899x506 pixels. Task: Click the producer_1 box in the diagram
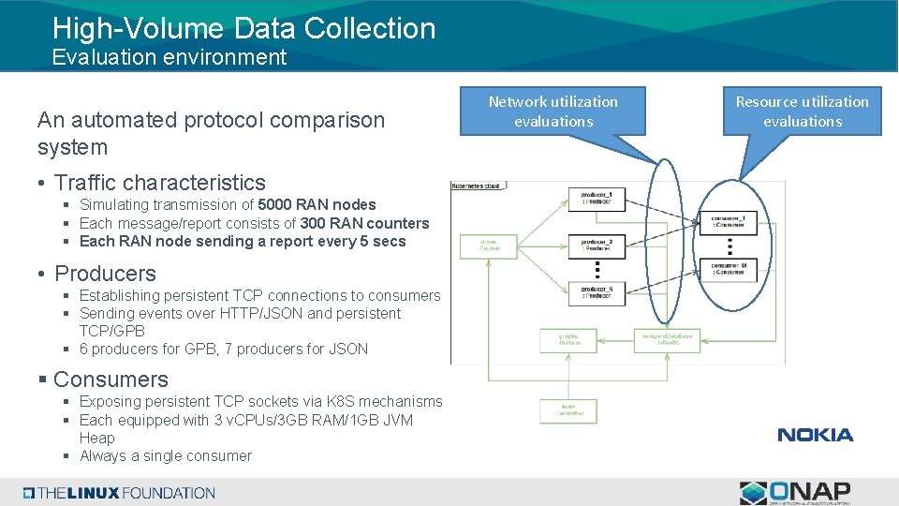pyautogui.click(x=597, y=199)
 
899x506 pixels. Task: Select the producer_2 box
pyautogui.click(x=597, y=246)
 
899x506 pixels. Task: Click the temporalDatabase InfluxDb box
pyautogui.click(x=667, y=339)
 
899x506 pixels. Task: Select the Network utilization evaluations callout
pyautogui.click(x=553, y=112)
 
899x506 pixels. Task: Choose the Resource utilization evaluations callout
pyautogui.click(x=802, y=112)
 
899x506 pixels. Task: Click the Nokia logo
pyautogui.click(x=815, y=435)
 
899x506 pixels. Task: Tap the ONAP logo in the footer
pyautogui.click(x=795, y=492)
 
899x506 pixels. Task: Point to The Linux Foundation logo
pyautogui.click(x=119, y=493)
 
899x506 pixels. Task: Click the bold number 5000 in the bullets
pyautogui.click(x=278, y=204)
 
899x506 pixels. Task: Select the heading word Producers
pyautogui.click(x=105, y=274)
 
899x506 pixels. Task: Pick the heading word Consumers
pyautogui.click(x=111, y=379)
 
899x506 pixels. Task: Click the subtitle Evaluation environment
pyautogui.click(x=169, y=57)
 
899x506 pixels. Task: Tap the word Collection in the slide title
pyautogui.click(x=372, y=28)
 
